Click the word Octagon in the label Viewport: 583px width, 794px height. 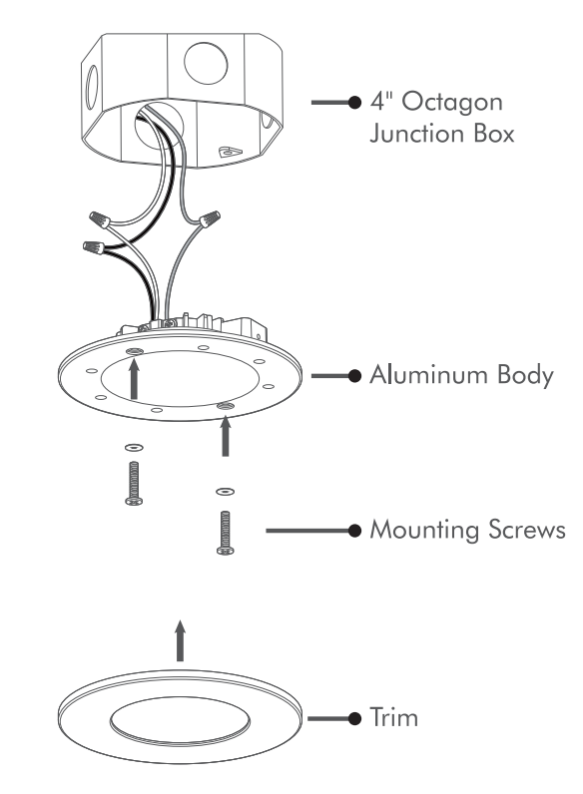tap(451, 104)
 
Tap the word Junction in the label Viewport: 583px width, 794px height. tap(416, 134)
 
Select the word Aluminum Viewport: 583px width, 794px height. tap(428, 374)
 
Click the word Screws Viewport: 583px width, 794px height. tap(527, 530)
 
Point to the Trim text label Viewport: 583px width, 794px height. tap(394, 717)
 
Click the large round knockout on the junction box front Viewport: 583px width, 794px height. tap(206, 64)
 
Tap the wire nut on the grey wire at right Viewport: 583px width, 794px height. tap(210, 219)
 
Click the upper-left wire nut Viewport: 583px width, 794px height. tap(100, 220)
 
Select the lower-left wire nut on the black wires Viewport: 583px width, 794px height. tap(93, 248)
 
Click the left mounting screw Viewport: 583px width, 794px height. tap(134, 483)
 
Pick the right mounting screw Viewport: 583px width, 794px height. tap(225, 533)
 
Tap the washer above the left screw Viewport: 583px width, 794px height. tap(134, 448)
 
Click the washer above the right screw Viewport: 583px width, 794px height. tap(225, 491)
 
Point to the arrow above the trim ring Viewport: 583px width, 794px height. tap(180, 640)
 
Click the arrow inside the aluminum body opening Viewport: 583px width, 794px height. tap(134, 379)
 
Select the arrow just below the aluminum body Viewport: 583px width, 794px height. tap(226, 436)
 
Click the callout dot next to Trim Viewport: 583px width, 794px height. tap(354, 718)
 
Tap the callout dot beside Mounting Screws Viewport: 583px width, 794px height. tap(354, 531)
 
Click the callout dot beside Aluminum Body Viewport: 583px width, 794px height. tap(354, 376)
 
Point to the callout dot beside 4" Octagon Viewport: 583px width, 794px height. tap(354, 103)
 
